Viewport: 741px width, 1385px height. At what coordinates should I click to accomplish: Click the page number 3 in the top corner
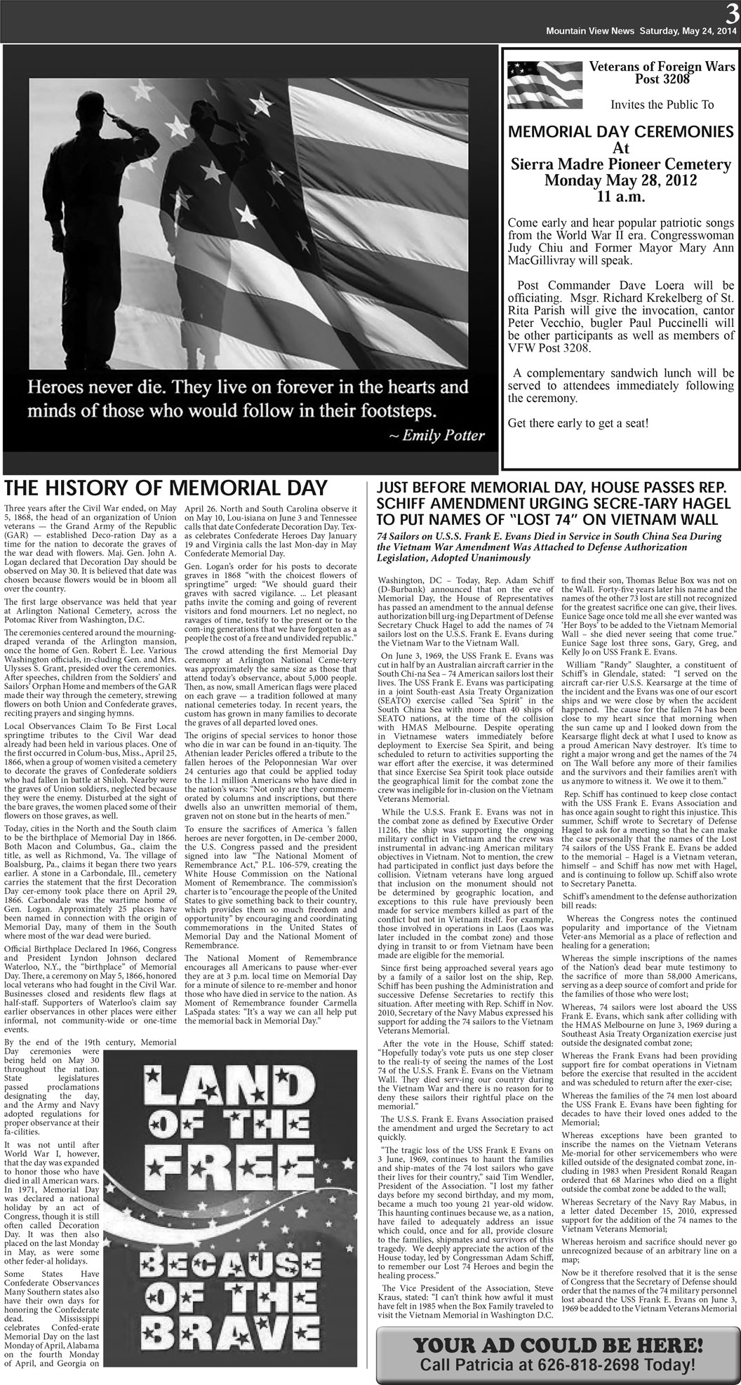point(732,11)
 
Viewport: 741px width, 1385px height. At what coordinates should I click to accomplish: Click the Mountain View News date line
point(641,32)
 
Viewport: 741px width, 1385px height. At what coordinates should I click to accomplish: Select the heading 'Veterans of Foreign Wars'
point(662,67)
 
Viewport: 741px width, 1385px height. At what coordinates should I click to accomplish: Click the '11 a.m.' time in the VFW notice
point(620,197)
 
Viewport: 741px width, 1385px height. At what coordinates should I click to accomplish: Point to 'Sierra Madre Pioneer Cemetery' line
point(620,165)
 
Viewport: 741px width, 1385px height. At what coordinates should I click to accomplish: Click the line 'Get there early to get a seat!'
point(578,424)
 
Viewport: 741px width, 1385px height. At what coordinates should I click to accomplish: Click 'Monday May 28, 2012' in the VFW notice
point(620,181)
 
